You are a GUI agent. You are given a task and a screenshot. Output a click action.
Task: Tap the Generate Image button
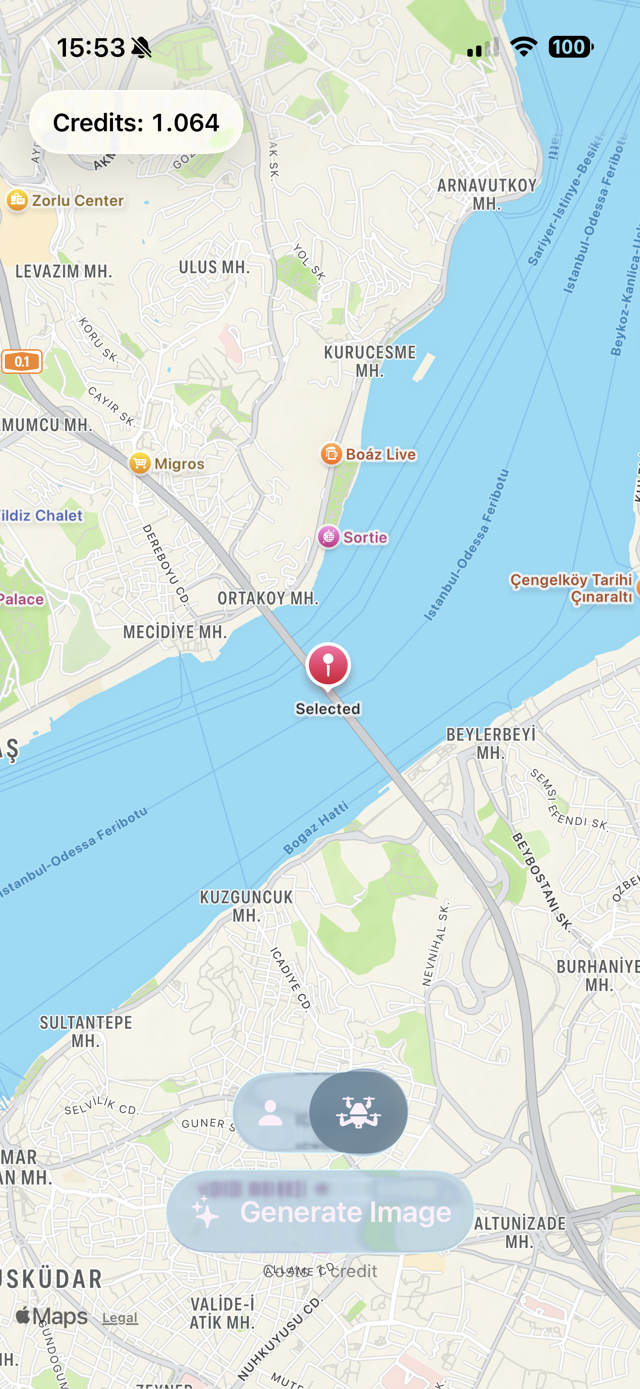click(x=320, y=1212)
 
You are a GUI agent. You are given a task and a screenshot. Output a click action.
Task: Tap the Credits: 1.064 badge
click(x=136, y=123)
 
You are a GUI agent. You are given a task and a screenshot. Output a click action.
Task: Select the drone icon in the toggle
click(x=358, y=1112)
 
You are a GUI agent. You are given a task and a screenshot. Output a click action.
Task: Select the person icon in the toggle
click(x=271, y=1113)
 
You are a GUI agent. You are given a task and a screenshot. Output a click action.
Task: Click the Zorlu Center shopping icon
click(x=17, y=201)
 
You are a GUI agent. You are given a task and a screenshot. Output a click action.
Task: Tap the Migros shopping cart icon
click(x=140, y=463)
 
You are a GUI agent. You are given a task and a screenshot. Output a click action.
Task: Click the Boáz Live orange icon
click(x=331, y=454)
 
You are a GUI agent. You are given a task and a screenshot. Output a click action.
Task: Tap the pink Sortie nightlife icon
click(x=328, y=537)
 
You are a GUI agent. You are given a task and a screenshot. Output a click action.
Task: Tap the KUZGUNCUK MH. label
click(x=246, y=906)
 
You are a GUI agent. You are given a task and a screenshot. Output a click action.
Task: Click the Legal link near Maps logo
click(x=120, y=1317)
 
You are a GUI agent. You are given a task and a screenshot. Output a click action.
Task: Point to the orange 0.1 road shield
click(x=22, y=361)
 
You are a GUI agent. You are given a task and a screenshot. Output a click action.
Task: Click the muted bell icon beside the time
click(x=142, y=48)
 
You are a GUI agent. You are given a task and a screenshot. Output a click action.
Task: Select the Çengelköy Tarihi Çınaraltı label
click(x=572, y=588)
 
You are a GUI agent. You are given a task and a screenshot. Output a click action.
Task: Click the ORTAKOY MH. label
click(x=268, y=598)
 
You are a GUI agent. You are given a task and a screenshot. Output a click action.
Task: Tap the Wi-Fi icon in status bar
click(x=524, y=47)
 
